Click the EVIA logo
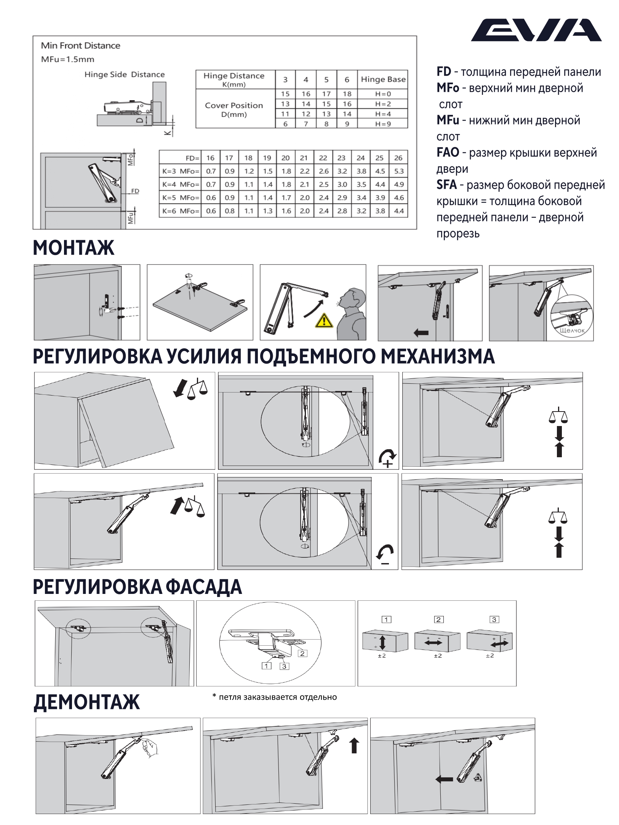pyautogui.click(x=536, y=30)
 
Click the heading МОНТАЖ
pyautogui.click(x=74, y=248)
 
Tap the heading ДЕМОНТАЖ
pyautogui.click(x=86, y=702)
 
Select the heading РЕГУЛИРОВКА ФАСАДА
pyautogui.click(x=137, y=587)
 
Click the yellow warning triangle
pyautogui.click(x=324, y=321)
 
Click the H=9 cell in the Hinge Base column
pyautogui.click(x=383, y=124)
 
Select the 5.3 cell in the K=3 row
pyautogui.click(x=398, y=171)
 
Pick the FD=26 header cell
pyautogui.click(x=398, y=158)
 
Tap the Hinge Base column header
pyautogui.click(x=383, y=79)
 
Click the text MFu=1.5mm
pyautogui.click(x=67, y=59)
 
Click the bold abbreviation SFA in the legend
pyautogui.click(x=446, y=185)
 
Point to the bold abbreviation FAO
pyautogui.click(x=448, y=153)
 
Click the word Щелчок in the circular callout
pyautogui.click(x=572, y=330)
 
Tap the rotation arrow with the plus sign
pyautogui.click(x=387, y=457)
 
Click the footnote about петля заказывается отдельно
pyautogui.click(x=274, y=697)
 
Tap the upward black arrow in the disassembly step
pyautogui.click(x=354, y=745)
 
